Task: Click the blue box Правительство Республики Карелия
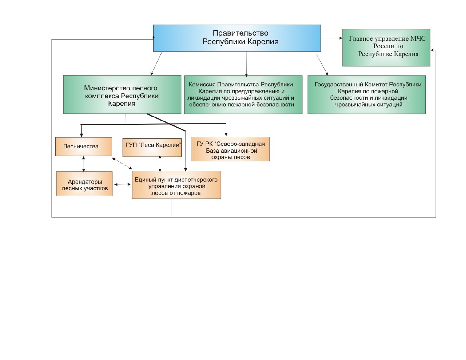(237, 38)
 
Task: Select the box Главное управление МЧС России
(386, 48)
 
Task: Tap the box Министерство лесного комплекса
(122, 95)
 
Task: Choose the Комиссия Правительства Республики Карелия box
(243, 95)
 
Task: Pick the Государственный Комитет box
(367, 95)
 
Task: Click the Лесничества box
(84, 147)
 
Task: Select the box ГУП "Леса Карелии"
(152, 147)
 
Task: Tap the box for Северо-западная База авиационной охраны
(230, 149)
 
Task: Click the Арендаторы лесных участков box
(84, 184)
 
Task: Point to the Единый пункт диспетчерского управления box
(177, 185)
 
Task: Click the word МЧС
(418, 39)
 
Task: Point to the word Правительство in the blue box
(240, 33)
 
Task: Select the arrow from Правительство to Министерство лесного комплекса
(156, 64)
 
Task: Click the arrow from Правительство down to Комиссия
(246, 64)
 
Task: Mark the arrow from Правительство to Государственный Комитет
(322, 64)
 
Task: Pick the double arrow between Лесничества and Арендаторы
(84, 164)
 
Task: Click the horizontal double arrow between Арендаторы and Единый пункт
(123, 184)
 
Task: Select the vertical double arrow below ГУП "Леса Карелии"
(160, 163)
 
